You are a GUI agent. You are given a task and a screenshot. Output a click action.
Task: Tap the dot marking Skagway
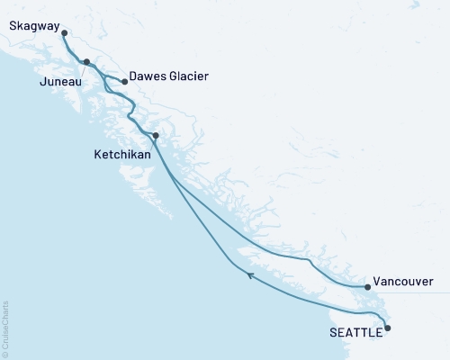[x=64, y=33]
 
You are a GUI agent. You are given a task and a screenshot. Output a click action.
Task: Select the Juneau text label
[x=59, y=82]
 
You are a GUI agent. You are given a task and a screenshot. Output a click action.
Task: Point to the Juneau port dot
[x=86, y=62]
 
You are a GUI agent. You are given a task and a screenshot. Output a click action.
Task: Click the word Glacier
[x=190, y=76]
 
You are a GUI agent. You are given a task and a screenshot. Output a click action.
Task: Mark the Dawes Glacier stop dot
[x=124, y=81]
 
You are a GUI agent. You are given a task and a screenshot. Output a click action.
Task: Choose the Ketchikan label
[x=123, y=155]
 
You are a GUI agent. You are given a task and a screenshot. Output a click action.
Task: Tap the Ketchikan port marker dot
[x=156, y=136]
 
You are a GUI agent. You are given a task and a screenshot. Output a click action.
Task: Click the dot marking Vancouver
[x=367, y=287]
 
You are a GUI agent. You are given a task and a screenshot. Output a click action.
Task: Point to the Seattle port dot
[x=388, y=328]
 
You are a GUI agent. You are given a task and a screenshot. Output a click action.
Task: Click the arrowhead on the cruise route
[x=251, y=276]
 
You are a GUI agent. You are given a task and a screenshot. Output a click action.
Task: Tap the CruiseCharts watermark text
[x=5, y=324]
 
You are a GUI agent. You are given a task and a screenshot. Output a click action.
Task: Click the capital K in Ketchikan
[x=98, y=155]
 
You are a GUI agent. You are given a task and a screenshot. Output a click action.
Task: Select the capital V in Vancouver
[x=377, y=282]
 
